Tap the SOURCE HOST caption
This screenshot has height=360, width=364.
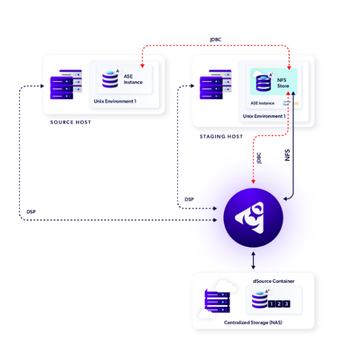(x=71, y=122)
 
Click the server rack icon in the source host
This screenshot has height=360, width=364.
(x=66, y=85)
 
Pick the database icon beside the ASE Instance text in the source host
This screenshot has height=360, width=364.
(x=110, y=79)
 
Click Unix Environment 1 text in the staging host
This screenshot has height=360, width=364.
(x=264, y=116)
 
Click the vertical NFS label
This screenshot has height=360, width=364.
(x=287, y=156)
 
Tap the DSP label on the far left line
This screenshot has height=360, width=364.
(x=31, y=211)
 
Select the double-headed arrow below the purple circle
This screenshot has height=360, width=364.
(x=253, y=261)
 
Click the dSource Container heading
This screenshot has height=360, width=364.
(x=273, y=281)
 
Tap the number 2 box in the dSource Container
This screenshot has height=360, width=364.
(x=279, y=304)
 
